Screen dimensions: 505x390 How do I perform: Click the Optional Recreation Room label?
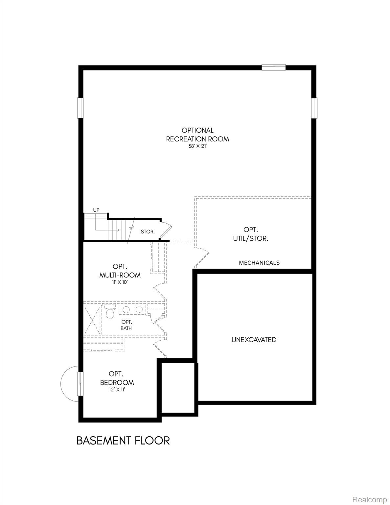coord(197,135)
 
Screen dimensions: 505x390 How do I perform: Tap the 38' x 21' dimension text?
coord(197,147)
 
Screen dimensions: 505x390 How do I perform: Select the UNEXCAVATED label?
coord(254,340)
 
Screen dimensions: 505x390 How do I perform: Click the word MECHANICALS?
coord(259,263)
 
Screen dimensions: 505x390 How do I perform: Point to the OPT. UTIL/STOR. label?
coord(251,234)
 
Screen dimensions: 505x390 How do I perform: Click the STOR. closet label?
coord(148,231)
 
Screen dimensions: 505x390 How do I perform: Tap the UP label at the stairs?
coord(96,210)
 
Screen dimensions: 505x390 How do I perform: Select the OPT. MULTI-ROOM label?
coord(120,271)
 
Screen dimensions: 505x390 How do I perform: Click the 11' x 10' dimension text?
coord(120,282)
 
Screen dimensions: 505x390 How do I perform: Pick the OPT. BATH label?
coord(126,325)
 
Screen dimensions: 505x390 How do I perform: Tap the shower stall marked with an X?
coord(92,320)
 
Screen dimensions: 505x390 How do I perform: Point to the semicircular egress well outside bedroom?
coord(68,383)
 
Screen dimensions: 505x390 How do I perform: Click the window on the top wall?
coord(273,67)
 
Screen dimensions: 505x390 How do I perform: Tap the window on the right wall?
coord(314,108)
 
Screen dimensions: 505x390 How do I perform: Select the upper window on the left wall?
coord(80,108)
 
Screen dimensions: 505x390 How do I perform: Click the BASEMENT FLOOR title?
coord(123,441)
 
